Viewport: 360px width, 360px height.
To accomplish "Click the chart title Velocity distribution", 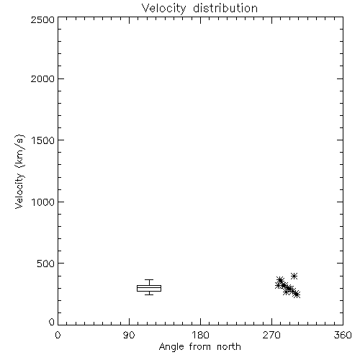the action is [199, 9].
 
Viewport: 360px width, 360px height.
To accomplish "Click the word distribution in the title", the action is [225, 8].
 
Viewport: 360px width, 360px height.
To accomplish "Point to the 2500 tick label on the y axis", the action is [42, 19].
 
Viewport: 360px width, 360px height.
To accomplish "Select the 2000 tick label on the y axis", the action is [42, 78].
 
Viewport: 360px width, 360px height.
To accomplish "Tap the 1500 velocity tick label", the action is [43, 140].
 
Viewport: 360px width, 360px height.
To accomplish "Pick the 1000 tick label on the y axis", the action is [43, 202].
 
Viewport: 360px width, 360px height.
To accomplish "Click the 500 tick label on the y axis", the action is [46, 264].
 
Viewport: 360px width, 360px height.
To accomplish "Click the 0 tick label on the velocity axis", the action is [52, 322].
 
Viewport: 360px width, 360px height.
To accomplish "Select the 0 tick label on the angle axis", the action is [58, 335].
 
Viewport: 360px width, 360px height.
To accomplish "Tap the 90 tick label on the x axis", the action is [129, 335].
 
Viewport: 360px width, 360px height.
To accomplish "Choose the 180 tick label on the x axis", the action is [200, 335].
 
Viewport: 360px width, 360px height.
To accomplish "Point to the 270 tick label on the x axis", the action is [271, 335].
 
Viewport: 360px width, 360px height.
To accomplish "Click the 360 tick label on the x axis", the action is [343, 335].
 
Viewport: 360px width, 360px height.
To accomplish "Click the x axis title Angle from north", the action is [200, 347].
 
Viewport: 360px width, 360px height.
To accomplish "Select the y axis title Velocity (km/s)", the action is [19, 171].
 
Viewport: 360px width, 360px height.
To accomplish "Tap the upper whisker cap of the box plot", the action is [149, 280].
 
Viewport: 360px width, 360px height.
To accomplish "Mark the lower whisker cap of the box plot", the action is [149, 294].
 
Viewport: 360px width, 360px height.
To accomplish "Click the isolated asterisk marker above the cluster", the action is [294, 276].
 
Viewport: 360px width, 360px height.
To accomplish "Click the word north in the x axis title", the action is [229, 346].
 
